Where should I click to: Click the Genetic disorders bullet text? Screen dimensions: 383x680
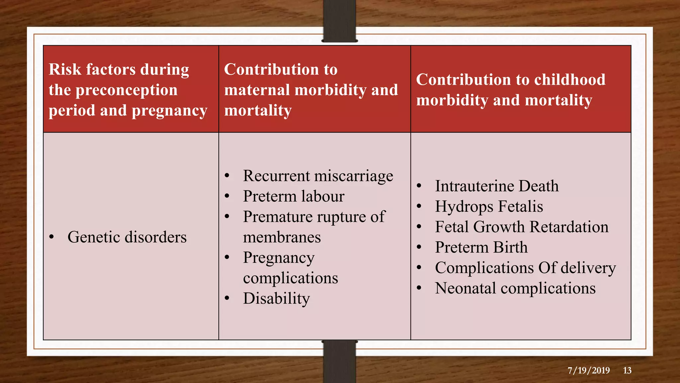click(127, 237)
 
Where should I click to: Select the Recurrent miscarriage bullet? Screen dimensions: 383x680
click(318, 176)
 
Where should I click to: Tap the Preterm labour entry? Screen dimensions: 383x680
click(294, 196)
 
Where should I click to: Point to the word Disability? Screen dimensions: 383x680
click(276, 298)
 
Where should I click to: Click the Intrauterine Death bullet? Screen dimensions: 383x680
click(497, 186)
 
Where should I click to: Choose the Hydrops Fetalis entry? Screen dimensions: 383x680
click(489, 206)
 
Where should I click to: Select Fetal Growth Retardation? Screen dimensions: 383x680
click(522, 227)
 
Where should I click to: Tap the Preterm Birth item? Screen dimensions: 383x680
click(481, 247)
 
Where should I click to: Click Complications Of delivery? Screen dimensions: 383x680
click(525, 268)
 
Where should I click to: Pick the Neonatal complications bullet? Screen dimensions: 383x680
click(515, 288)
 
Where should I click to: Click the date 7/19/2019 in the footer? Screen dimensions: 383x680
click(588, 370)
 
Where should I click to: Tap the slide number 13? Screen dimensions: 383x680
click(627, 370)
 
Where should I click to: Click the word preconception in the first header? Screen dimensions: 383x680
click(127, 90)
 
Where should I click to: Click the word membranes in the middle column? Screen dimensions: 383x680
click(282, 237)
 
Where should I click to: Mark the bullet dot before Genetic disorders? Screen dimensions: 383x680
click(51, 237)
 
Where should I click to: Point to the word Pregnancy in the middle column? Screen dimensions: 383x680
click(279, 258)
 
